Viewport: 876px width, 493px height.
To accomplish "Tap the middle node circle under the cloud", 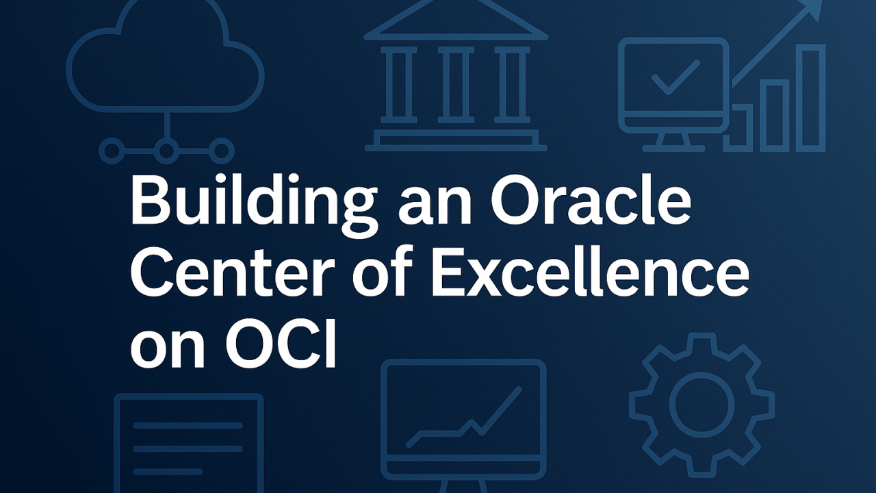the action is (x=166, y=150).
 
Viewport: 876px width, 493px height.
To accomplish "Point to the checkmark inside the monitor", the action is (x=675, y=77).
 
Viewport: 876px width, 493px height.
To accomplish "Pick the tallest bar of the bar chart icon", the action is (x=811, y=98).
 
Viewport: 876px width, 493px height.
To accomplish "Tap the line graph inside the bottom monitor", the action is (x=464, y=417).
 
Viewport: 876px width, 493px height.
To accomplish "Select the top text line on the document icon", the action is (x=188, y=425).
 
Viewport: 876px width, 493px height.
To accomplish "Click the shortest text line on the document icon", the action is (x=168, y=471).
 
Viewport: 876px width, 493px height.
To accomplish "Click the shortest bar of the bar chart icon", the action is (x=738, y=128).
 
